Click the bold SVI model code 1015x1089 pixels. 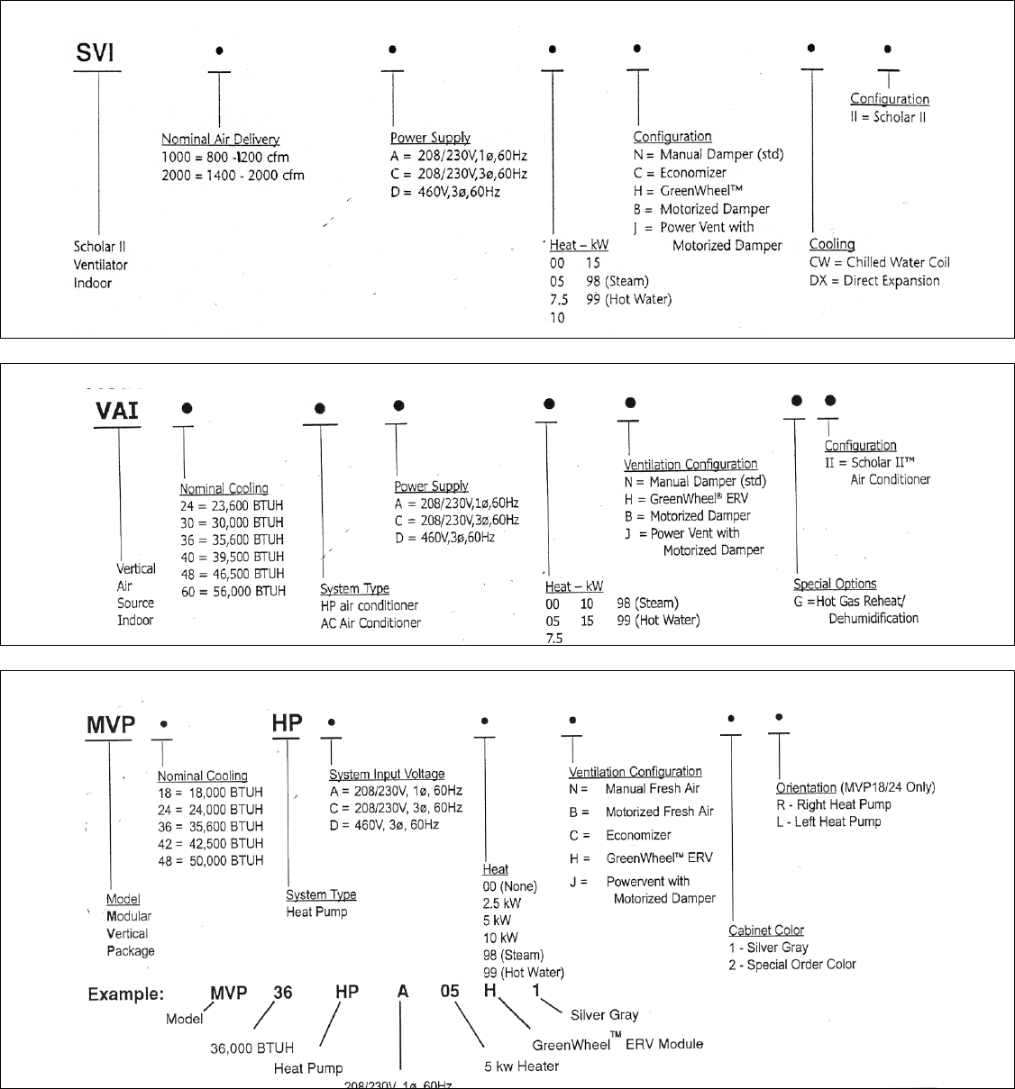click(x=95, y=53)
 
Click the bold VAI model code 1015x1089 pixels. click(x=117, y=411)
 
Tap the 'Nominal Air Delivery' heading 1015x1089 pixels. click(x=220, y=139)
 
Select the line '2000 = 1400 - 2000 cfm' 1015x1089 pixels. click(x=233, y=175)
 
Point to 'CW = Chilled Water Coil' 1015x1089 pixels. click(x=879, y=262)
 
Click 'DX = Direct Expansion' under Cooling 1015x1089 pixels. click(x=873, y=280)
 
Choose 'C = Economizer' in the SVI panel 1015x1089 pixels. click(x=680, y=173)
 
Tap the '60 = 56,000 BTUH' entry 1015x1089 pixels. click(x=233, y=591)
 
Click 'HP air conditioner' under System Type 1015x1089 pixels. click(x=370, y=605)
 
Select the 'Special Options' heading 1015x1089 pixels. click(x=835, y=584)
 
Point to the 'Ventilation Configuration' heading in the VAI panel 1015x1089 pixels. click(x=690, y=465)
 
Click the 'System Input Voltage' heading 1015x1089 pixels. click(x=387, y=774)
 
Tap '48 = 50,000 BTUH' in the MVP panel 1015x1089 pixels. click(x=210, y=860)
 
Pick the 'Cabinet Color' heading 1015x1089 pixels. click(x=766, y=930)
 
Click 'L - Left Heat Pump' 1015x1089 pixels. click(x=828, y=821)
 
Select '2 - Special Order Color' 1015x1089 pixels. click(x=792, y=965)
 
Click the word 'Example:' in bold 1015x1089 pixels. click(x=126, y=994)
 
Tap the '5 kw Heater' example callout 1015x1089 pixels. click(x=521, y=1066)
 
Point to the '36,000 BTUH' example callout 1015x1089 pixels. click(x=251, y=1048)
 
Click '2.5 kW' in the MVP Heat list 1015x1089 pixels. click(x=502, y=903)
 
